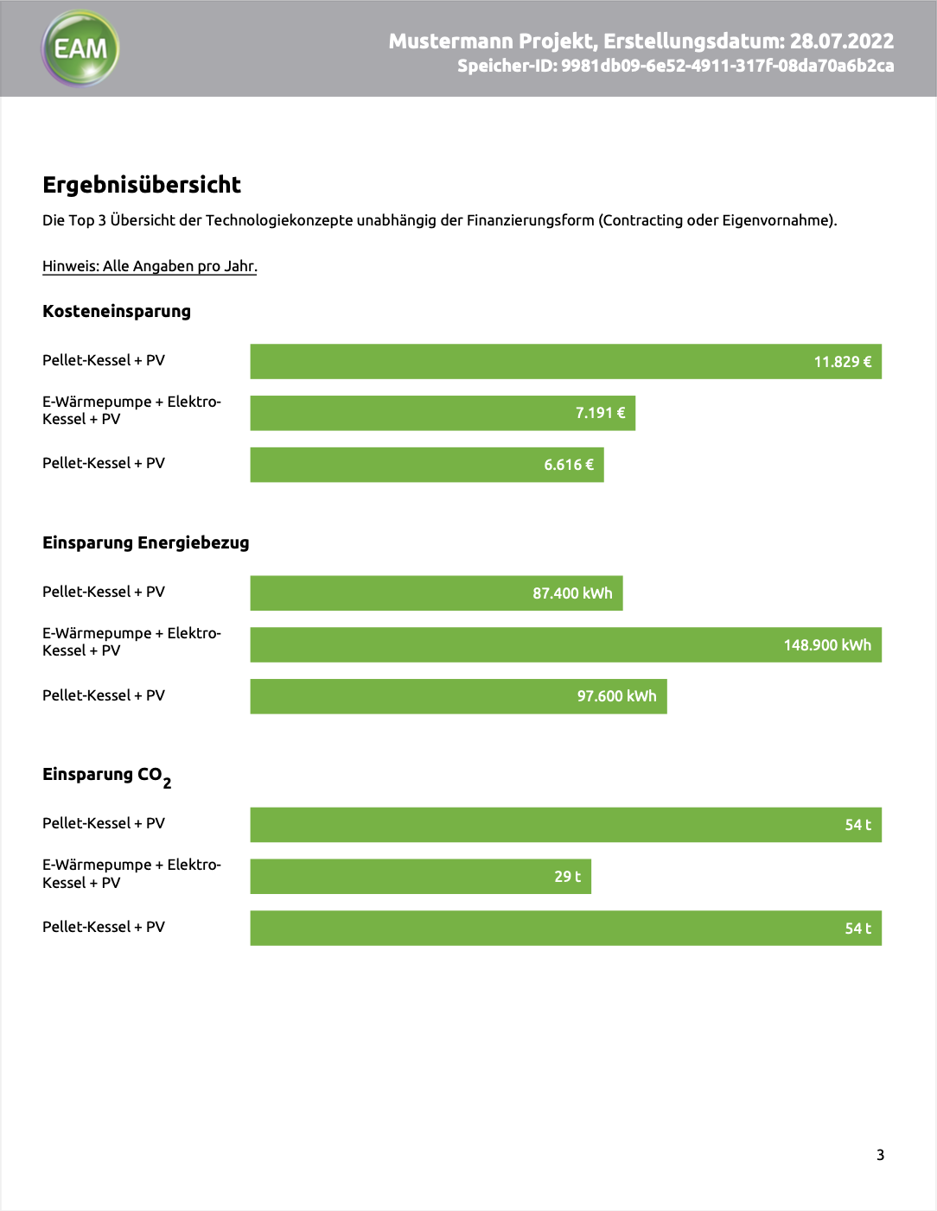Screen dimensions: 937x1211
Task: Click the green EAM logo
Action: click(80, 48)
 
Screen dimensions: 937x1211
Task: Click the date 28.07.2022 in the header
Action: click(842, 41)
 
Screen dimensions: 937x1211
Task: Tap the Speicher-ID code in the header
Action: click(727, 66)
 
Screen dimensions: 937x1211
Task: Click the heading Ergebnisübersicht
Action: click(142, 185)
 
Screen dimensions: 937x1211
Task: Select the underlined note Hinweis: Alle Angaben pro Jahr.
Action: click(150, 266)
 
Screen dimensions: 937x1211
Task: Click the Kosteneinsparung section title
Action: click(117, 311)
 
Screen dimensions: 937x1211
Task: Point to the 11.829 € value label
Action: click(842, 362)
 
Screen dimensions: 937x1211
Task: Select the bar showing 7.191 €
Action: click(443, 413)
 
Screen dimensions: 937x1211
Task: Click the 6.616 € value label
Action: click(568, 465)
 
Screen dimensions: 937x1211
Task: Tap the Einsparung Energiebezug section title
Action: click(145, 542)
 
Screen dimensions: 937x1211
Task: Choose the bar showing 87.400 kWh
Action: click(437, 593)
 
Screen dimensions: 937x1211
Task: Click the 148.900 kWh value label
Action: click(827, 644)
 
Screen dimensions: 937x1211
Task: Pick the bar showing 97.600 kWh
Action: click(458, 696)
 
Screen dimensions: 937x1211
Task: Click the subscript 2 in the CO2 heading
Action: click(167, 783)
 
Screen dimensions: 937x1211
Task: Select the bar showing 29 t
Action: click(421, 876)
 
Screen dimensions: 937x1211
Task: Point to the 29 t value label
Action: click(567, 877)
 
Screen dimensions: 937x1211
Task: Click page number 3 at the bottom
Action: click(880, 1155)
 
